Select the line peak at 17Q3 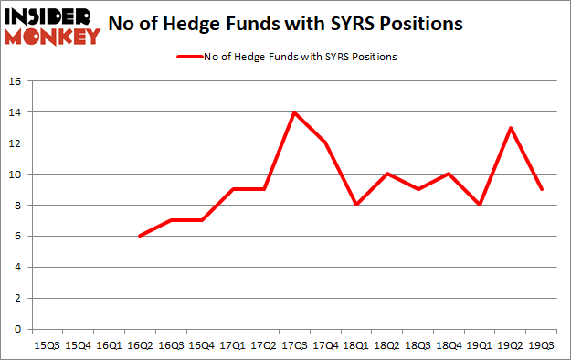click(294, 112)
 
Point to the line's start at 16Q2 click(139, 236)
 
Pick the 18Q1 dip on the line click(356, 206)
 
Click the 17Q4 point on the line click(325, 143)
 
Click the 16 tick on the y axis click(16, 81)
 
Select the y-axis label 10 click(16, 175)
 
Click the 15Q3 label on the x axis click(46, 345)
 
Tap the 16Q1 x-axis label click(108, 345)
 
